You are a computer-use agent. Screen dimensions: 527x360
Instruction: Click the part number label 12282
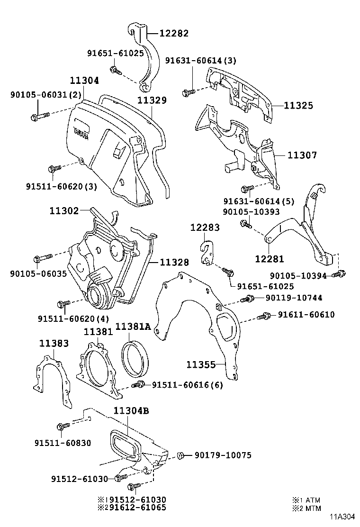point(173,33)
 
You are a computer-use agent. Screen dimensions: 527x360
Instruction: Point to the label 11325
point(298,106)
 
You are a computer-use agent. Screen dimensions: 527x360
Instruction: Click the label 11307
point(302,155)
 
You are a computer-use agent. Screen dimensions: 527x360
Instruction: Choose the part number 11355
point(200,364)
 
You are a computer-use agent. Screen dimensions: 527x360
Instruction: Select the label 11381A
point(133,327)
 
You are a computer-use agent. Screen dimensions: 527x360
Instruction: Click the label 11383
point(54,343)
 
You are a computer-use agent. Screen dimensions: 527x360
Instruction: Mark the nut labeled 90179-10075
point(180,455)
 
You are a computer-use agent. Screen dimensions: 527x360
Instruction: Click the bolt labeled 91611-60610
point(264,316)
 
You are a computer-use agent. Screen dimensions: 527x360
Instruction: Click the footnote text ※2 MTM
point(306,508)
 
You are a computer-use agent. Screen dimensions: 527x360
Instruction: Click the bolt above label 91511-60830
point(61,427)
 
